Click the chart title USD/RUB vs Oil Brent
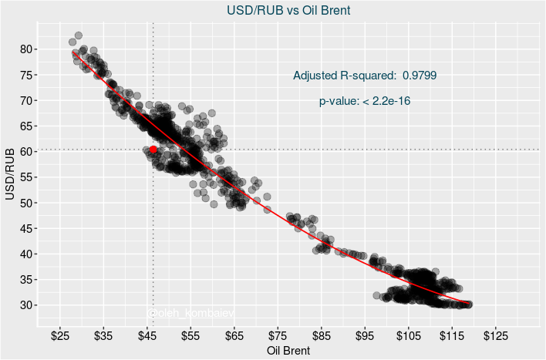(288, 11)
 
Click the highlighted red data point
(153, 150)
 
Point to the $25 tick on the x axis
(60, 336)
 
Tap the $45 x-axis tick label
(147, 336)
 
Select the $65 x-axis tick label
(234, 336)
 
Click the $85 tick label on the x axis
(322, 336)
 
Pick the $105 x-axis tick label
(409, 336)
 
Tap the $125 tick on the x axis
(496, 336)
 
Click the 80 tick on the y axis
(26, 49)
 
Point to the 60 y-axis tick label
(26, 152)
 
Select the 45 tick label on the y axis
(26, 228)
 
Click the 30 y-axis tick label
(26, 305)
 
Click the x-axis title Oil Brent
(288, 351)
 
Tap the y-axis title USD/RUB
(10, 176)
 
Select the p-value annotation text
(365, 101)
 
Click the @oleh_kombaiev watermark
(190, 313)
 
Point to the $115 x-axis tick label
(452, 336)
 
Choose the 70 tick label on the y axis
(26, 100)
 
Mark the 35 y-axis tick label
(26, 280)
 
